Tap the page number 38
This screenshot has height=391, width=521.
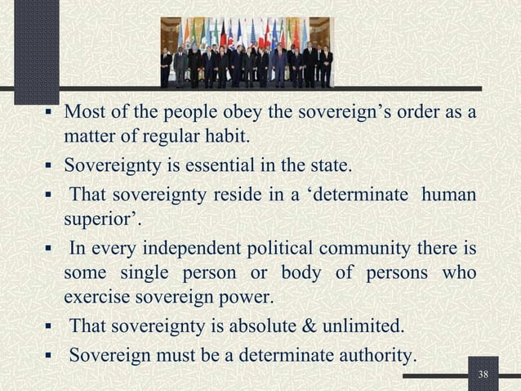pyautogui.click(x=484, y=375)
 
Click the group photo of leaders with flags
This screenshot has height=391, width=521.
pyautogui.click(x=247, y=52)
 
